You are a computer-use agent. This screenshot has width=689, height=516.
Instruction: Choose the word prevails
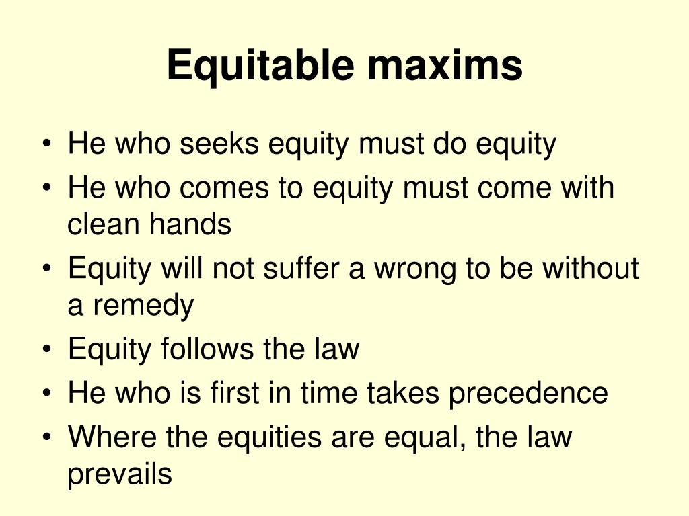coord(120,474)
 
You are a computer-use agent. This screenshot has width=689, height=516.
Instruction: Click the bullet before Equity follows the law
coord(46,351)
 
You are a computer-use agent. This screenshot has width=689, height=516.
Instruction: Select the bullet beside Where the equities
coord(46,438)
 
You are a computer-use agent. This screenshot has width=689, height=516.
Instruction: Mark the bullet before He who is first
coord(46,394)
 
